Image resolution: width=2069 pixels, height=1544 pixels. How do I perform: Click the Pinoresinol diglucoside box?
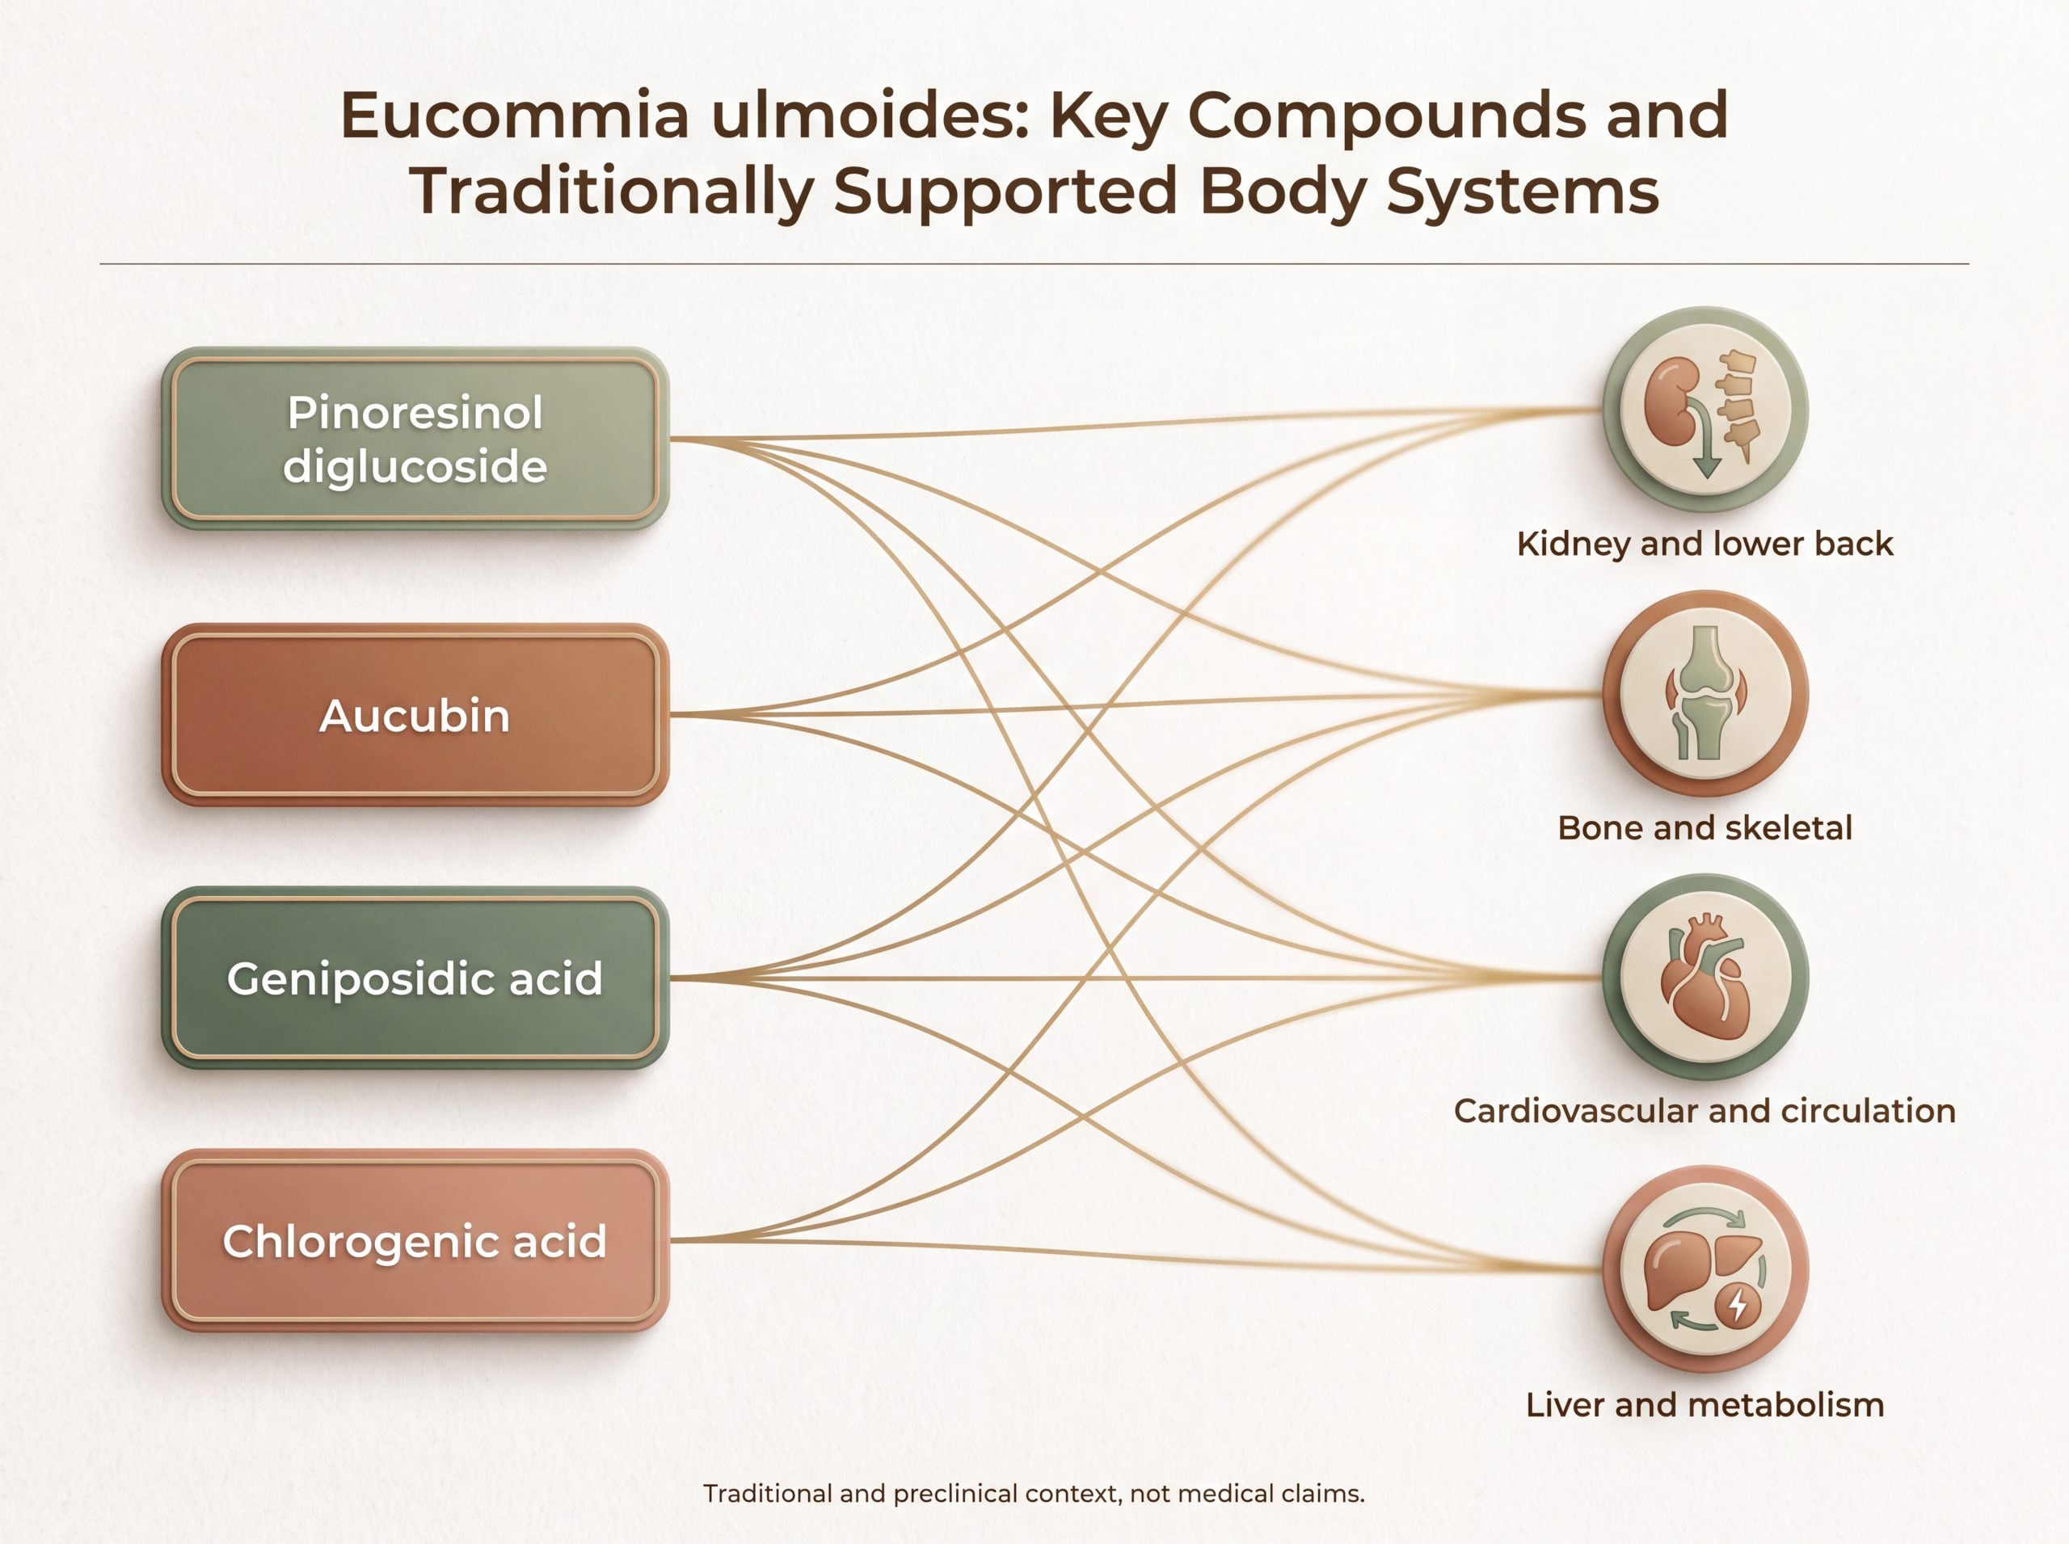tap(415, 439)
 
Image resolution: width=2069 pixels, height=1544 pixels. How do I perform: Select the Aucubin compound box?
tap(415, 715)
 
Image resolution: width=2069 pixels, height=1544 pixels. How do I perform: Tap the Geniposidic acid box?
tap(415, 978)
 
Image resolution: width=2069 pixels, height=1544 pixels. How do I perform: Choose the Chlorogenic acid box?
tap(415, 1240)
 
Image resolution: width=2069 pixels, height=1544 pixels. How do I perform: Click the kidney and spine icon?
tap(1705, 410)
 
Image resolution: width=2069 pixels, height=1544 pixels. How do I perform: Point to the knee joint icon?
tap(1705, 693)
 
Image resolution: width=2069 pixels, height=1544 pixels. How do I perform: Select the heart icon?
tap(1705, 978)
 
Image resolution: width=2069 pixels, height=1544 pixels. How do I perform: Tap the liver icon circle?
tap(1705, 1269)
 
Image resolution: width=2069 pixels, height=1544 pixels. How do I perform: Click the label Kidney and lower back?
tap(1705, 544)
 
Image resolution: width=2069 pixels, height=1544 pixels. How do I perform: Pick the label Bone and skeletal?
tap(1705, 827)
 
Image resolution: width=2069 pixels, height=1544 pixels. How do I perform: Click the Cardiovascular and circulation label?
tap(1705, 1110)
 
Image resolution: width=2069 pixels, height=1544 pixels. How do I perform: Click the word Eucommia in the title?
tap(515, 115)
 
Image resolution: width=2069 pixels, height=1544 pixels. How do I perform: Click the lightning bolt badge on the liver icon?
tap(1738, 1304)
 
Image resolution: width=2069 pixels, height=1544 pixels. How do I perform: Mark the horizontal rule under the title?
tap(1034, 264)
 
